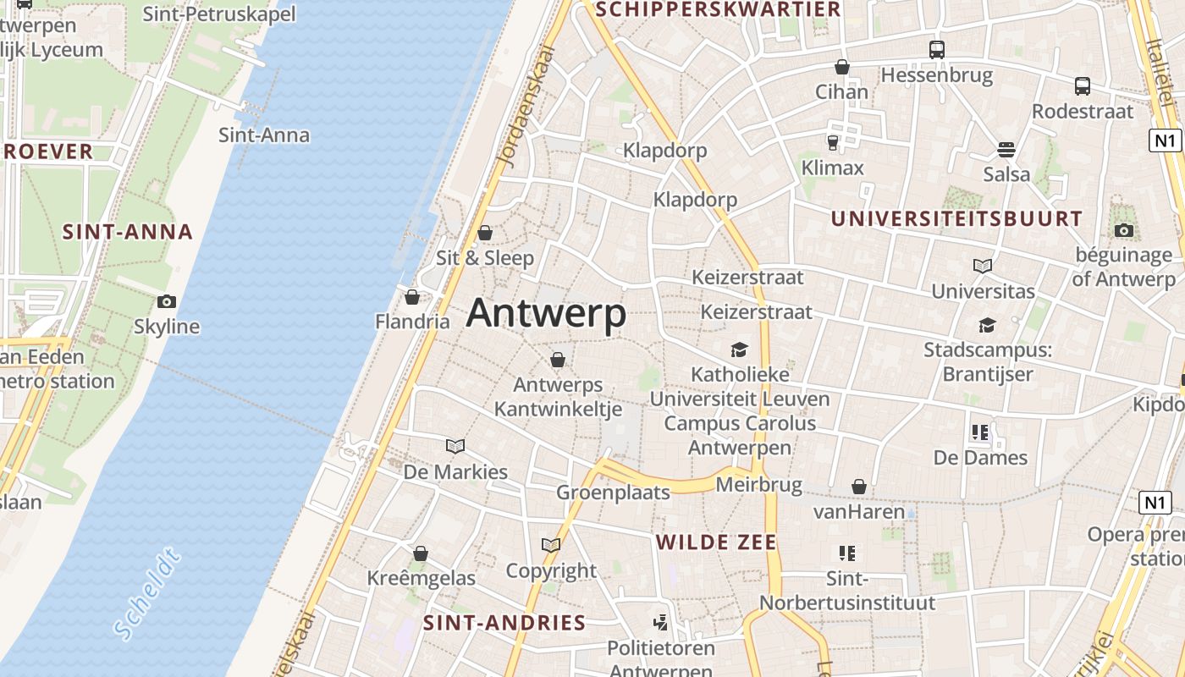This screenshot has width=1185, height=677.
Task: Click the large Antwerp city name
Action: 546,313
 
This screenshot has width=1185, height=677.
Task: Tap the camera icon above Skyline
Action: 167,301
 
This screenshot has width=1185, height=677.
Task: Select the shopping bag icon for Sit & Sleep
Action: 485,233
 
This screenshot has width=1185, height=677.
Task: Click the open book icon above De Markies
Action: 455,446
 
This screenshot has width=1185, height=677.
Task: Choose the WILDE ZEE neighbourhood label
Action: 716,542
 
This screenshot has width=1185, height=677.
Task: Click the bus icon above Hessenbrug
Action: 936,50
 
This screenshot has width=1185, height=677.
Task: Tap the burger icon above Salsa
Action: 1006,150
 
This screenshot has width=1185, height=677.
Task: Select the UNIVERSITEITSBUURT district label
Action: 956,218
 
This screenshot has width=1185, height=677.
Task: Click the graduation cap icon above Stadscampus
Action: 987,325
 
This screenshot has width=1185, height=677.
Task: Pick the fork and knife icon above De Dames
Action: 980,432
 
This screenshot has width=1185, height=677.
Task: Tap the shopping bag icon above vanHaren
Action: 859,487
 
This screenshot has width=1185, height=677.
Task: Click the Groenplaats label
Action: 613,493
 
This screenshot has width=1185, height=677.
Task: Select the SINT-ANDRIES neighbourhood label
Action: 504,623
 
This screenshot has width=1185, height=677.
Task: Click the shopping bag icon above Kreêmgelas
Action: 421,553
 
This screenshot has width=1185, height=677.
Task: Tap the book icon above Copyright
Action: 551,546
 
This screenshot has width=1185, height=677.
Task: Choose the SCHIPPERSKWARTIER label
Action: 719,9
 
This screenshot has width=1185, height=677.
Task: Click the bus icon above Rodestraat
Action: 1082,85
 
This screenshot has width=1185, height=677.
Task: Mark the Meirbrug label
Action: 758,485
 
